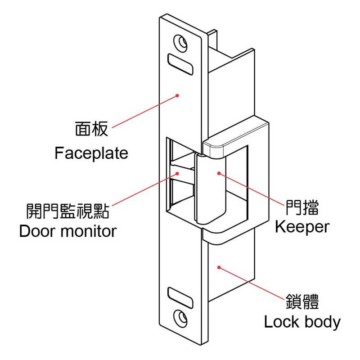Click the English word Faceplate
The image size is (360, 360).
[91, 153]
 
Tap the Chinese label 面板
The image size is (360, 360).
[91, 130]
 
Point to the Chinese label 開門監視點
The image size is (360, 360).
[67, 209]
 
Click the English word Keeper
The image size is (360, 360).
[302, 227]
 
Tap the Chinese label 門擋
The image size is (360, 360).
[302, 207]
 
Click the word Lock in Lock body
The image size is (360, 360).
[279, 322]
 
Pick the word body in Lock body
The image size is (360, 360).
[320, 322]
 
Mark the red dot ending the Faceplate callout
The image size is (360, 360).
[178, 95]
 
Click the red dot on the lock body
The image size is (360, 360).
[219, 267]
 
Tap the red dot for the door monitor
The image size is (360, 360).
[177, 173]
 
